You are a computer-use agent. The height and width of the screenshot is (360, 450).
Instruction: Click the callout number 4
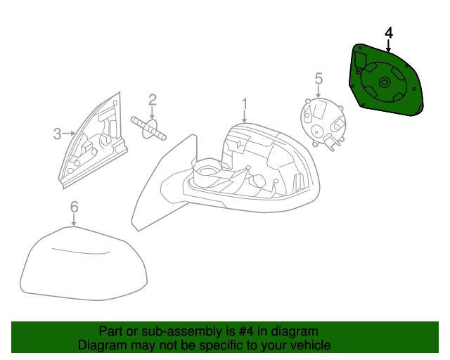click(x=388, y=33)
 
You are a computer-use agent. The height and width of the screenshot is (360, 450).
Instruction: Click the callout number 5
click(x=318, y=78)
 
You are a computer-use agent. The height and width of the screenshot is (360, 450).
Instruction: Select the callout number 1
click(x=244, y=105)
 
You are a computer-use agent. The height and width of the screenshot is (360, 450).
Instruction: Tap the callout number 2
click(x=152, y=101)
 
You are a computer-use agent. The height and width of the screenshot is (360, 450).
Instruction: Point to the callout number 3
click(x=58, y=132)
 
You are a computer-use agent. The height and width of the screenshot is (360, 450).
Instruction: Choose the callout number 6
click(x=74, y=207)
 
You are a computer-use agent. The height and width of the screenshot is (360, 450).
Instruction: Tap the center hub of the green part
click(x=385, y=83)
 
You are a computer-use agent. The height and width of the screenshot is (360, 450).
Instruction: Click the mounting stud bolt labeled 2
click(x=148, y=128)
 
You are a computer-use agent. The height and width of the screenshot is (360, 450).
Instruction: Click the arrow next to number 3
click(x=70, y=132)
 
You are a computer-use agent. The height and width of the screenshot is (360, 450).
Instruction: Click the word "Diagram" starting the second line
click(x=101, y=345)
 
